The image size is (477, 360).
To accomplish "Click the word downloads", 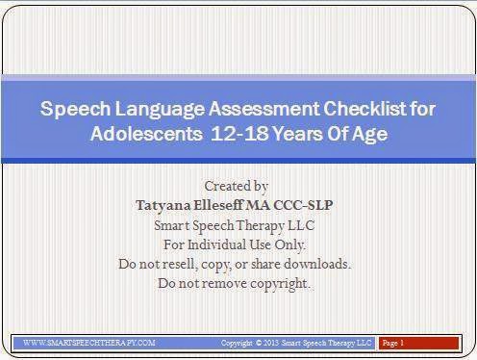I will [x=316, y=264].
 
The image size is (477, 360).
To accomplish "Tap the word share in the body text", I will [x=267, y=264].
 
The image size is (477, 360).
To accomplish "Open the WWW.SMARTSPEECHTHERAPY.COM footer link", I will [x=88, y=342].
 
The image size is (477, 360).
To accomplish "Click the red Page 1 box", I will [x=419, y=342].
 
